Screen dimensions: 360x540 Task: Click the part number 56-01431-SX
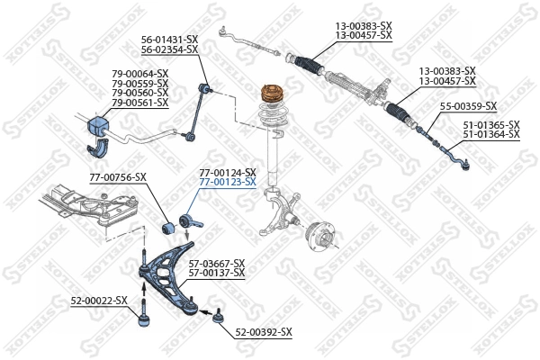169,40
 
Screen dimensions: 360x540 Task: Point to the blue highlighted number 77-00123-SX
228,182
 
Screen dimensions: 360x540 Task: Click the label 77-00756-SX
117,177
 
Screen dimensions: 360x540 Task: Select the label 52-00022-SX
99,300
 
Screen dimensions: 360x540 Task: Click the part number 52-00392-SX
264,332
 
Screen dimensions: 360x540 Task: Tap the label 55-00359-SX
468,107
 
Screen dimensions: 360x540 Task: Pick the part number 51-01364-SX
491,134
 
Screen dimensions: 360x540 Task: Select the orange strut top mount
271,94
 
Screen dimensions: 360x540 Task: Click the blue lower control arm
171,270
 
